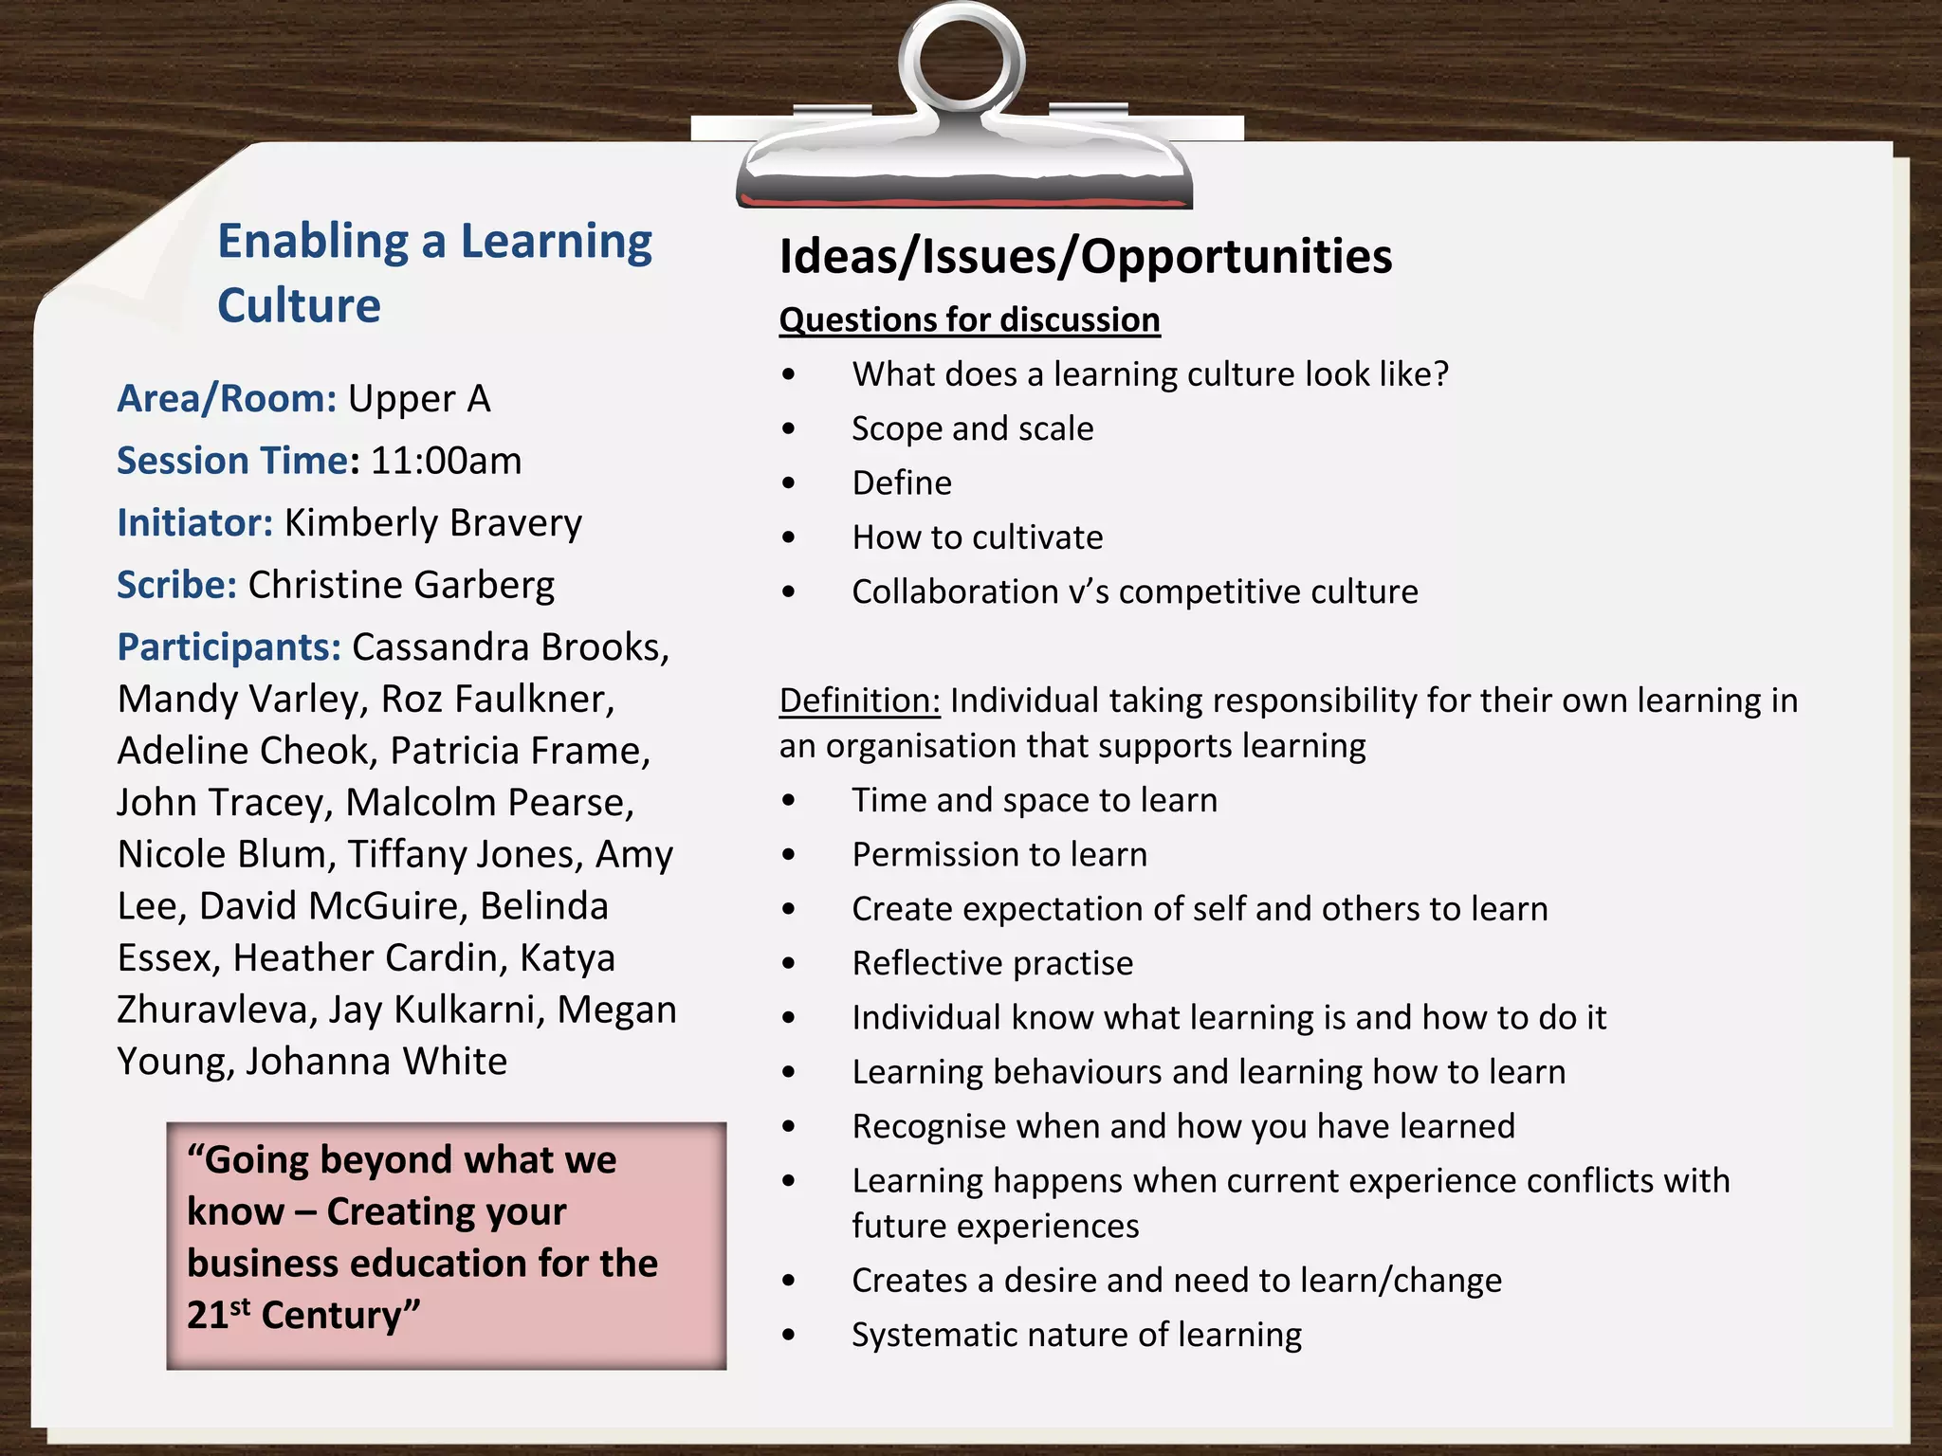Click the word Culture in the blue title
click(x=299, y=305)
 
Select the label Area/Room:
click(x=227, y=399)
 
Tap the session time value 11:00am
click(x=446, y=461)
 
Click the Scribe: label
click(x=176, y=585)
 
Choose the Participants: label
click(x=229, y=647)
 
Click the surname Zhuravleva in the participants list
click(x=215, y=1010)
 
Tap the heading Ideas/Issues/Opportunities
click(x=1085, y=256)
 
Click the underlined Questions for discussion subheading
click(x=969, y=320)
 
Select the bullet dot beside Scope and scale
click(x=789, y=429)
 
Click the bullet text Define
click(x=901, y=483)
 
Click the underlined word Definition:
click(x=859, y=701)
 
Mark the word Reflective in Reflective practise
click(x=926, y=964)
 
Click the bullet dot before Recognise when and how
click(x=789, y=1127)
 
